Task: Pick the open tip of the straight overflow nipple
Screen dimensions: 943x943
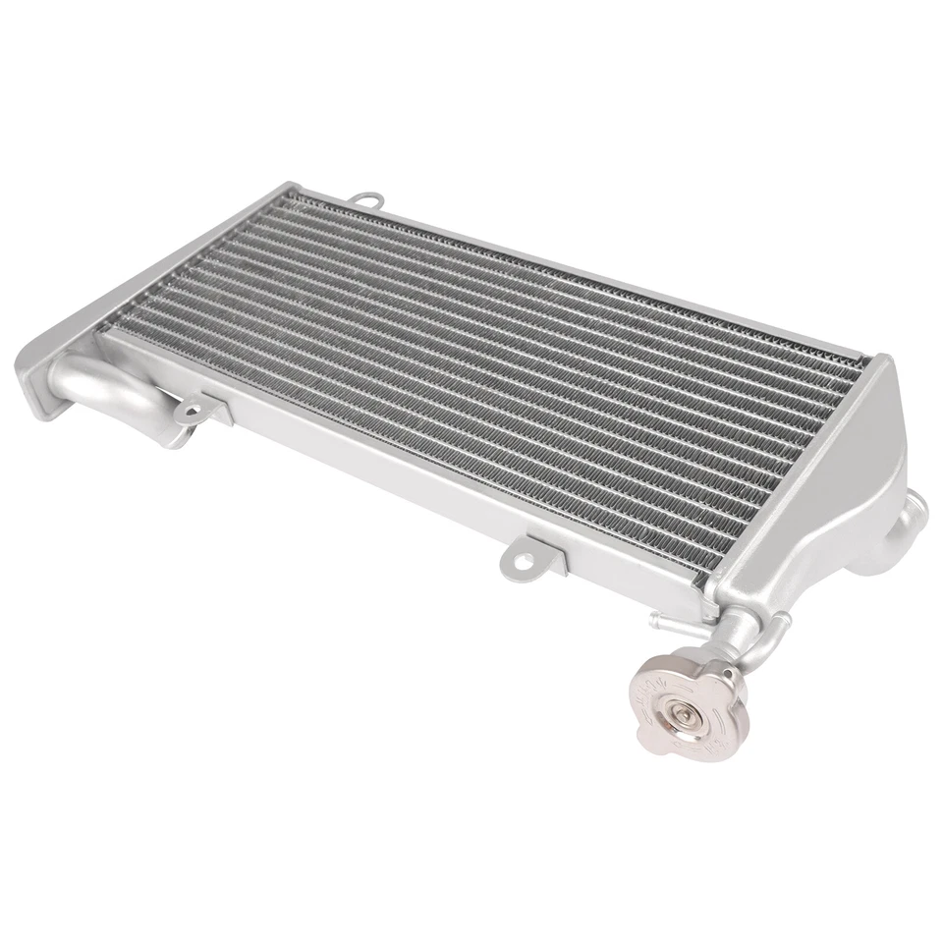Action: coord(652,619)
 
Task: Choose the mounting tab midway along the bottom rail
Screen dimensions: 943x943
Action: coord(520,559)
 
